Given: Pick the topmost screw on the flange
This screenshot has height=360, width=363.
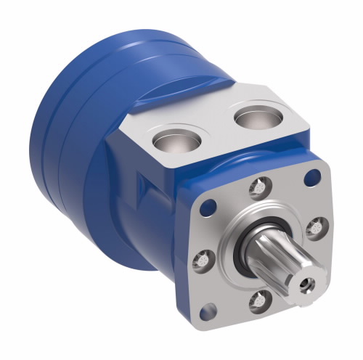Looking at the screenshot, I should [256, 188].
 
